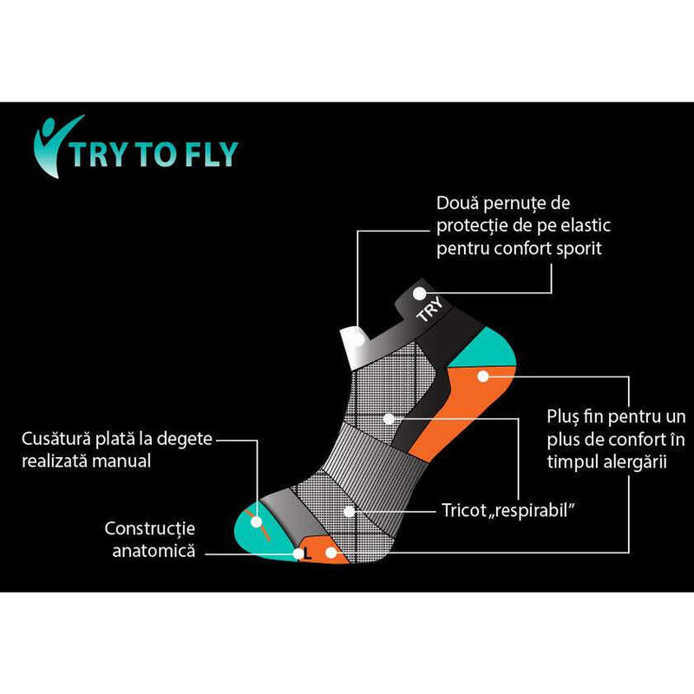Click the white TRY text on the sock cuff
coord(429,309)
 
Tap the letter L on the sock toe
coord(308,553)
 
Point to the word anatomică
coord(154,551)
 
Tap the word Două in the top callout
coord(458,203)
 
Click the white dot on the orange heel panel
coord(483,376)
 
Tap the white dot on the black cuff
coord(419,293)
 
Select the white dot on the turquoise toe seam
coord(256,522)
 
